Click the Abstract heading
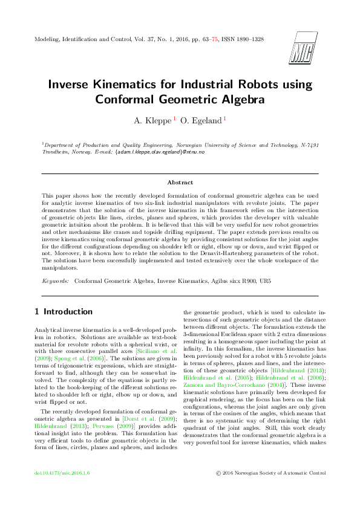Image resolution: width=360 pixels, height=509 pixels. tap(180, 182)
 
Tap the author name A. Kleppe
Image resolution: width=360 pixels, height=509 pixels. tap(153, 120)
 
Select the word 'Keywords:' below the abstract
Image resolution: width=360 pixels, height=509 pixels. tap(55, 281)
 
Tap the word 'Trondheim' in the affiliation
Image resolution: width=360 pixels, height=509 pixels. tap(39, 152)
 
